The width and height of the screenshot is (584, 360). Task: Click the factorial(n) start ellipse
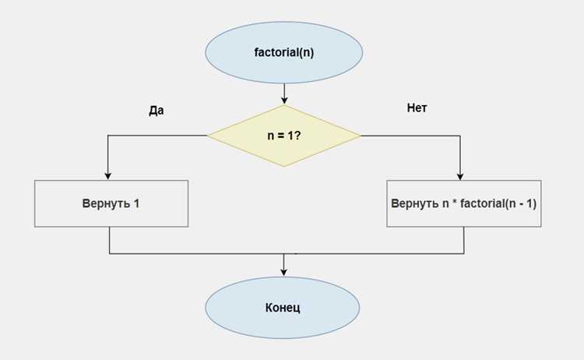tap(283, 52)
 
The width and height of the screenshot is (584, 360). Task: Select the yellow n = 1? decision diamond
tap(283, 136)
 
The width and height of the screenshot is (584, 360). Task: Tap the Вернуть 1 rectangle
tap(111, 203)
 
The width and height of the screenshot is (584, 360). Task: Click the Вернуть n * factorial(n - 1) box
tap(464, 203)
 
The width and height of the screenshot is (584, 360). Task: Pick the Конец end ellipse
tap(283, 308)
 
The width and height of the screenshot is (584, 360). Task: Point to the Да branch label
tap(156, 111)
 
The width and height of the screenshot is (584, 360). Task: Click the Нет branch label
tap(417, 108)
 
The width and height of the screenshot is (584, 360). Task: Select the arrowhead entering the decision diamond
tap(284, 101)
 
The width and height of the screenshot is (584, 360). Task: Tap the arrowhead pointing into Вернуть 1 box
tap(108, 176)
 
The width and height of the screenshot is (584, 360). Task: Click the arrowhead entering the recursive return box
tap(460, 176)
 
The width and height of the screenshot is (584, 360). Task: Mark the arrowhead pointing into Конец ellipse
tap(283, 272)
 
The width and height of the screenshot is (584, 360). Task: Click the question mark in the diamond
tap(297, 136)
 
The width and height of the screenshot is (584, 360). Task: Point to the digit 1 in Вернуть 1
tap(136, 203)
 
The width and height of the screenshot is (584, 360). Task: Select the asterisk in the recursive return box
tap(455, 202)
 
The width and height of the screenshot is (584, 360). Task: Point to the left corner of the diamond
tap(207, 136)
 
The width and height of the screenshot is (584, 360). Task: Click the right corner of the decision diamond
tap(361, 136)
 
